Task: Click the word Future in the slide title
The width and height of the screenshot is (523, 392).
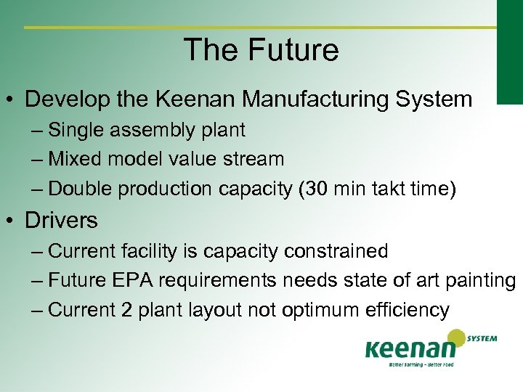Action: coord(294,50)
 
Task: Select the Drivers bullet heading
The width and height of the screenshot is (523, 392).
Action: coord(61,219)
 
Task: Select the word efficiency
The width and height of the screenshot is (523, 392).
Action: coord(414,311)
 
